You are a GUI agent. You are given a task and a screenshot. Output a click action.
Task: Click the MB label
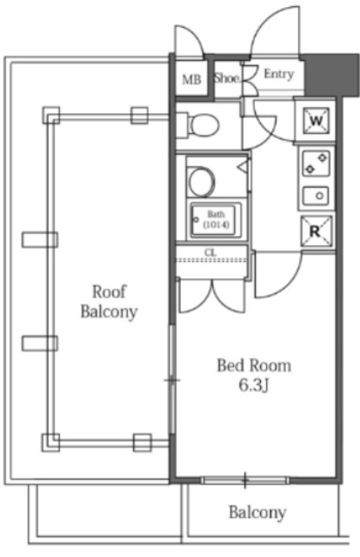coord(191,79)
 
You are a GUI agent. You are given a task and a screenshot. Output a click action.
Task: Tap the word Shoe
coord(226,77)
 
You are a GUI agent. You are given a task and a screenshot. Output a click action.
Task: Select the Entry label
coord(279,74)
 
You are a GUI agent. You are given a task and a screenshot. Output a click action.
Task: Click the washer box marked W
coord(316,121)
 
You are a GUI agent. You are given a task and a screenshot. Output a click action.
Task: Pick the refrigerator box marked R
coord(317,232)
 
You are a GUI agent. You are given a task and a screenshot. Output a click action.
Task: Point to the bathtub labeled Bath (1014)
coord(217,219)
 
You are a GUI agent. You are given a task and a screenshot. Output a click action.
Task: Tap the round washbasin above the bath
coord(201,182)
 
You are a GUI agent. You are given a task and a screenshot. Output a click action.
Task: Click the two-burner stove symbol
coord(316,164)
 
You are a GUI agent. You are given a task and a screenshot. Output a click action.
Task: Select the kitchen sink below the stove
coord(316,196)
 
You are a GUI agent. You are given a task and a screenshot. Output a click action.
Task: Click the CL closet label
coord(210,253)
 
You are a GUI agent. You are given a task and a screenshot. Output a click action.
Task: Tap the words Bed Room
coord(254,366)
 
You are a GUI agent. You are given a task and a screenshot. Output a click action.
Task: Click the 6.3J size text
coord(253,386)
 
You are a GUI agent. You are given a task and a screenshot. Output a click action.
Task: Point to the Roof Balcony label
coord(109,302)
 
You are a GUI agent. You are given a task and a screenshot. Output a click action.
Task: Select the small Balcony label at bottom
coord(257,513)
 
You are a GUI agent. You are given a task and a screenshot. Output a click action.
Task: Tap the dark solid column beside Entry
coord(331,75)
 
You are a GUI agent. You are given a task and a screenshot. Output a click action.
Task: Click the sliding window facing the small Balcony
coord(245,480)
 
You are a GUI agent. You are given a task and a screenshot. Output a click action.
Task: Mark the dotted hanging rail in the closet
coord(211,260)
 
